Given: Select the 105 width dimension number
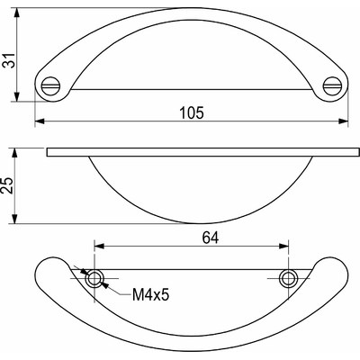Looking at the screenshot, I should pos(191,112).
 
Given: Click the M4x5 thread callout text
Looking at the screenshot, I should pos(152,294).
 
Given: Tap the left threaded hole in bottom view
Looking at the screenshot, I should pos(94,278).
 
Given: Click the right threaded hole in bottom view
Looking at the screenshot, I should pos(287,278).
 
